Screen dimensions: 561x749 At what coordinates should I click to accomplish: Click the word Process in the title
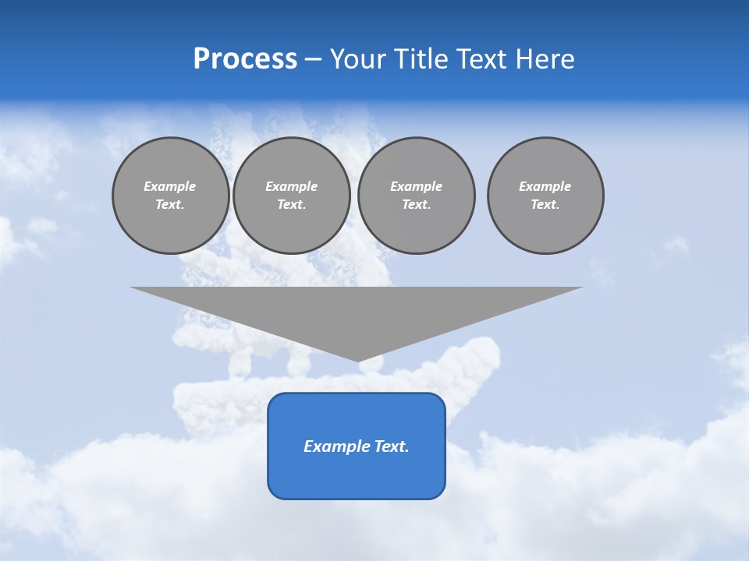tap(245, 59)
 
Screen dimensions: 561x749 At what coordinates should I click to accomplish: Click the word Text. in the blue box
tap(392, 446)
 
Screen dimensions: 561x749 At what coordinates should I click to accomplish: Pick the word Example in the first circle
tap(170, 186)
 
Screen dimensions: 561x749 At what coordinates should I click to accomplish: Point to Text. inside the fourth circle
tap(545, 204)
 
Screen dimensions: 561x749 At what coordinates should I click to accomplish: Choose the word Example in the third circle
tap(417, 186)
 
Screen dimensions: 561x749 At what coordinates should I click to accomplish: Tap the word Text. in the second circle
tap(292, 204)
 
